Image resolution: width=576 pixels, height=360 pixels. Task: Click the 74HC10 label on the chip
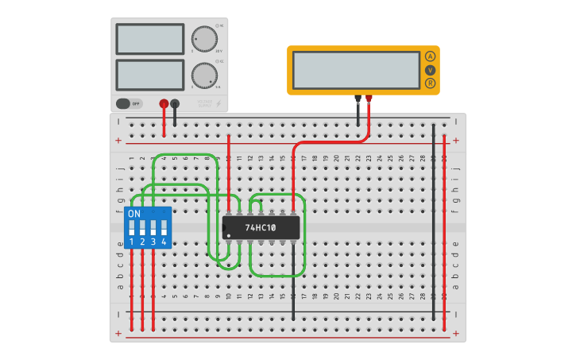click(261, 228)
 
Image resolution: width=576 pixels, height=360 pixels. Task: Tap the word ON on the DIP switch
click(134, 214)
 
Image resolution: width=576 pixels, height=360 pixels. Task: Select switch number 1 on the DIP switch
click(132, 228)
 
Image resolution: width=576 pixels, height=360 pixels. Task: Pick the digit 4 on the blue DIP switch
click(164, 242)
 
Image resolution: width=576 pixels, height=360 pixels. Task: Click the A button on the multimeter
click(430, 56)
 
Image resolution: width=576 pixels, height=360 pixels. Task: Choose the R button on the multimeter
click(430, 83)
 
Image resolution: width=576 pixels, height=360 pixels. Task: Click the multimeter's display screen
click(356, 70)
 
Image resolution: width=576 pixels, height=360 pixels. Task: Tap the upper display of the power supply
click(150, 39)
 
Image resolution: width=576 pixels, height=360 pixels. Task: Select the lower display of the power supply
click(150, 75)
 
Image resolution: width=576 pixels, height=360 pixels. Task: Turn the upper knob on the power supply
click(204, 39)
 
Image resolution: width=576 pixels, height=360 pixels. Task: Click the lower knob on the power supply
click(204, 75)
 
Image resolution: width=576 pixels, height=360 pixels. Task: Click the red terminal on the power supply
click(164, 103)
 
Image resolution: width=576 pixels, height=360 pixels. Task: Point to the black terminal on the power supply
click(176, 103)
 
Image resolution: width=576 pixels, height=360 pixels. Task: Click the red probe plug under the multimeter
click(369, 99)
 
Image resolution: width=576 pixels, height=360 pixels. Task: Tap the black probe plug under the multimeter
click(358, 99)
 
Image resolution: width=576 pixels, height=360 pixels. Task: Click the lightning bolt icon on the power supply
click(219, 103)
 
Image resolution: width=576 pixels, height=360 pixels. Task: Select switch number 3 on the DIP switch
click(153, 228)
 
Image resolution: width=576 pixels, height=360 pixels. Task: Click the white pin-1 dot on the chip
click(228, 236)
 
